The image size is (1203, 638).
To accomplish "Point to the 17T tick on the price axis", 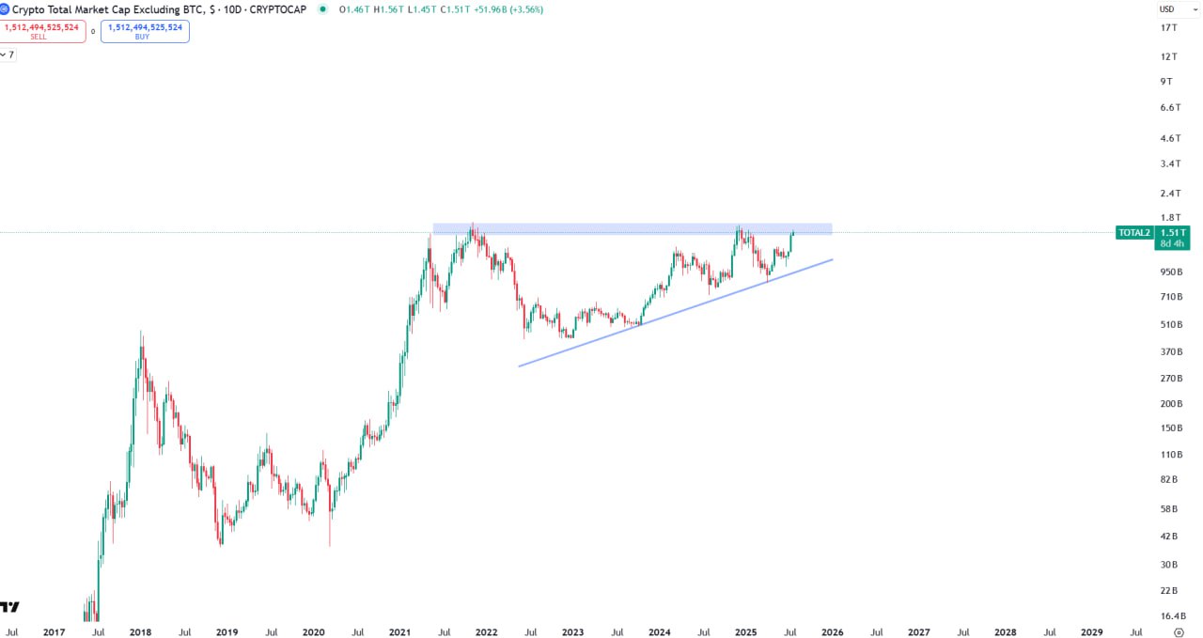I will click(1169, 27).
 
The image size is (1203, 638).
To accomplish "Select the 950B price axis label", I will click(1171, 272).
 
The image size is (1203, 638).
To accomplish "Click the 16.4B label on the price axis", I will click(1171, 616).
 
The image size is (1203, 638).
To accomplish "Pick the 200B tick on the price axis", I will click(1171, 404).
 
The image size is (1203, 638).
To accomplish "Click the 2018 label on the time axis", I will click(141, 632).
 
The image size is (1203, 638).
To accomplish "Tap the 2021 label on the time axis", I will click(400, 632).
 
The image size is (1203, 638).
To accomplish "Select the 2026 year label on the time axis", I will click(832, 632).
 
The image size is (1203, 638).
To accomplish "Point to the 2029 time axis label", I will click(1092, 632).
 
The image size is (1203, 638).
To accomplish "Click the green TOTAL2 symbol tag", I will click(1134, 232).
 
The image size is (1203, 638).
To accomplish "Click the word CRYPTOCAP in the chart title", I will click(279, 9).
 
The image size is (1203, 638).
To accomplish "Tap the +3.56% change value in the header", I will click(524, 9).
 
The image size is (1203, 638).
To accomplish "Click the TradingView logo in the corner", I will click(9, 607).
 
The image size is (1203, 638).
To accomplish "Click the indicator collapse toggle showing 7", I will click(8, 54).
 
